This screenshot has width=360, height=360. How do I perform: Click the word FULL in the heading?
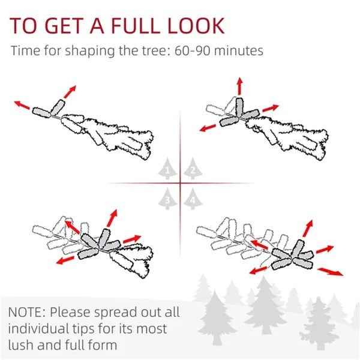coord(134,25)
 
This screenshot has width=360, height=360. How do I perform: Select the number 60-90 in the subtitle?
coord(192,51)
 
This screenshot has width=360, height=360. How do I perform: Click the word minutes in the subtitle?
coord(239,51)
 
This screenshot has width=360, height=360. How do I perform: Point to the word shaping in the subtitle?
coord(89,51)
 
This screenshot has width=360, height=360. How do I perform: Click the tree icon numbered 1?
coord(167,169)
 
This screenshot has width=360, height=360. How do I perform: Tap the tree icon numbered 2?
coord(193,169)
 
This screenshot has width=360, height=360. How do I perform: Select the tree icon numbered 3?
coord(167,199)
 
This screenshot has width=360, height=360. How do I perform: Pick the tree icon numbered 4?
coord(193,199)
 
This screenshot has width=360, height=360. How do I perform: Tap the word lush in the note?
coord(21,345)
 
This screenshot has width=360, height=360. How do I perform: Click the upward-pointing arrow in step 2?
coord(239,86)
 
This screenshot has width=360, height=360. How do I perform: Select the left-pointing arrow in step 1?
coord(22,105)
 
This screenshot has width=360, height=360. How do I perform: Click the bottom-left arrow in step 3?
coord(65,260)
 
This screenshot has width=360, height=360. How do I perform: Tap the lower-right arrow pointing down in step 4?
coord(331,271)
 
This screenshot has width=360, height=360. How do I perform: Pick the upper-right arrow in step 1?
coord(70,92)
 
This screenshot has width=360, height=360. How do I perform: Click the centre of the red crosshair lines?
coord(180,183)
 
